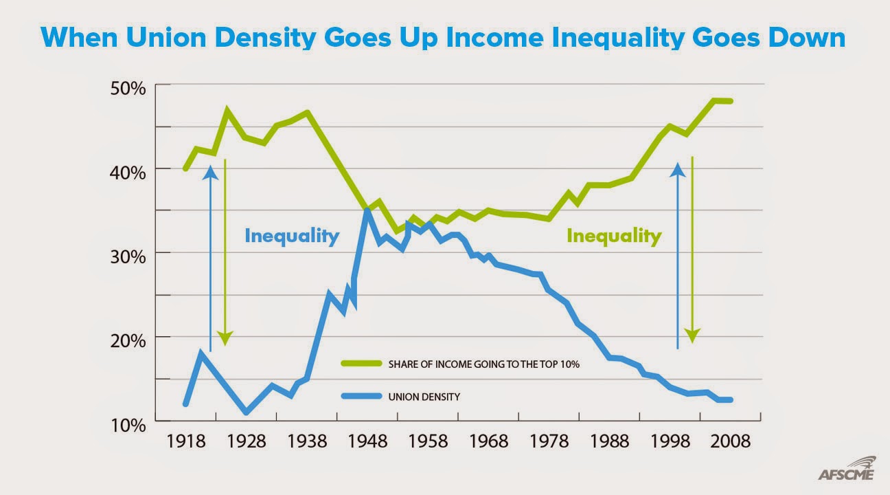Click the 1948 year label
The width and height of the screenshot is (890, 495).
[x=367, y=441]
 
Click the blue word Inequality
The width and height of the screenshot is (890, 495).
[x=292, y=236]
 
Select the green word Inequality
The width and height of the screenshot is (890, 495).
[x=613, y=236]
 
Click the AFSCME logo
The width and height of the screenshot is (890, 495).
[x=847, y=471]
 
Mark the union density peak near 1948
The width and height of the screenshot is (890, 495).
[x=367, y=210]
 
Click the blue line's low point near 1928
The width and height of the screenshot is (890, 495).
[x=247, y=412]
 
